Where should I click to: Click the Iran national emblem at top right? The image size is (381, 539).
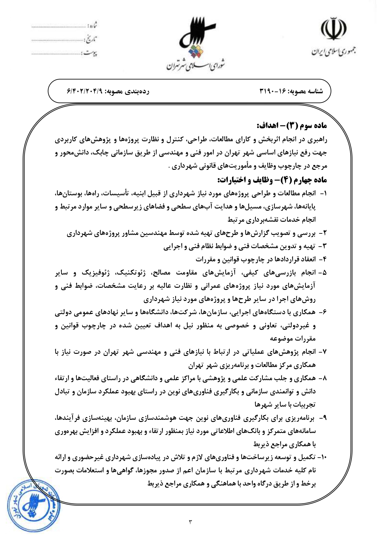[x=334, y=29]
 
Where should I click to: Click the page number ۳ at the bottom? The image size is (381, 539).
[x=190, y=521]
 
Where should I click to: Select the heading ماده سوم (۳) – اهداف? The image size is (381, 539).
[x=292, y=126]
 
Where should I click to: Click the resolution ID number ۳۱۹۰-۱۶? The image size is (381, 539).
[x=273, y=92]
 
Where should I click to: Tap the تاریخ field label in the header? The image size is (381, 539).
[x=91, y=39]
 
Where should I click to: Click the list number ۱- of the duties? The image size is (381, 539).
[x=323, y=194]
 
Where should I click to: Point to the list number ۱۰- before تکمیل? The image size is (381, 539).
[x=322, y=457]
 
